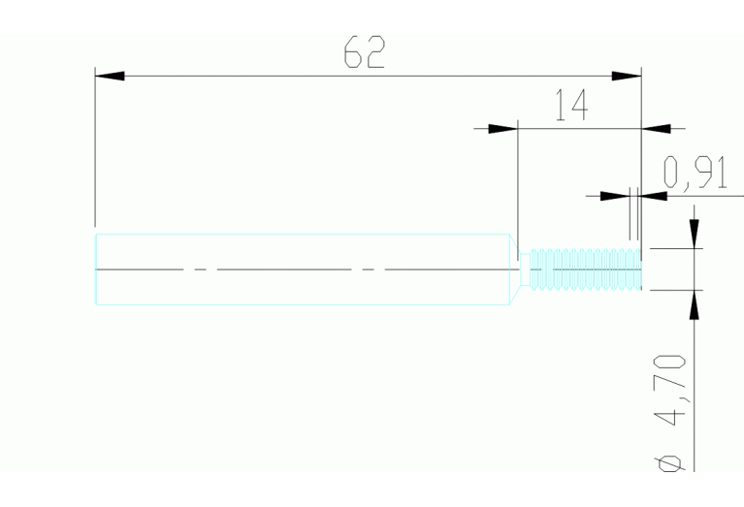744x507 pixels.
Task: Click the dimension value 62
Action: tap(364, 51)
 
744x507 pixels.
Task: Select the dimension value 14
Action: tap(571, 105)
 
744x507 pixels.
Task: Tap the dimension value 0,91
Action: tap(695, 173)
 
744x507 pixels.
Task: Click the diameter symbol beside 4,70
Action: tap(669, 463)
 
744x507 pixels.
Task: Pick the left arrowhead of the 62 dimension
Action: tap(110, 76)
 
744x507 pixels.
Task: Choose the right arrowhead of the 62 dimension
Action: tap(627, 76)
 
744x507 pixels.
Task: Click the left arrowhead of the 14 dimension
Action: tap(503, 129)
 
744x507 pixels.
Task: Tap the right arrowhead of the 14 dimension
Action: tap(656, 129)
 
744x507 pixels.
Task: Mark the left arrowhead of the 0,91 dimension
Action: tap(615, 196)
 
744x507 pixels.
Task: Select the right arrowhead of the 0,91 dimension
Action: tap(653, 196)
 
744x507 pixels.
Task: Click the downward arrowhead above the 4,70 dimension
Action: tap(695, 234)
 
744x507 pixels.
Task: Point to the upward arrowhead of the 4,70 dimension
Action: tap(695, 304)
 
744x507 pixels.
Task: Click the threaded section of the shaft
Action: tap(586, 269)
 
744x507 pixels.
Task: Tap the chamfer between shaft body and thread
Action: tap(515, 269)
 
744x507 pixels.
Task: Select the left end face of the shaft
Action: tap(96, 269)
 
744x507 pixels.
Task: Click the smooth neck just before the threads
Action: tap(525, 269)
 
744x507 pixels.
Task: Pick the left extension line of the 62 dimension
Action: tap(95, 147)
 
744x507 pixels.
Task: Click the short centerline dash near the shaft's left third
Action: tap(200, 269)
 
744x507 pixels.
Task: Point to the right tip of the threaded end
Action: tap(641, 269)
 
